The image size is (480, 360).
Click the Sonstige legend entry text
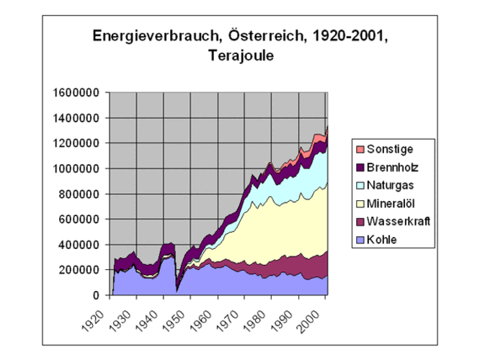click(390, 149)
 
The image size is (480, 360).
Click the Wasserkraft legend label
click(399, 221)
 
